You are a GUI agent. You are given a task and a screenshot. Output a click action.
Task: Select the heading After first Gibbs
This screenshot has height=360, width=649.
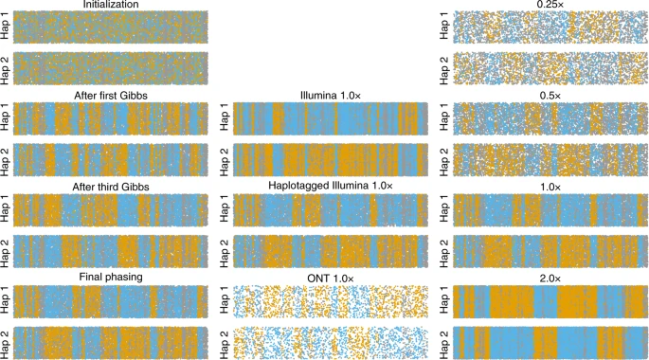(x=110, y=95)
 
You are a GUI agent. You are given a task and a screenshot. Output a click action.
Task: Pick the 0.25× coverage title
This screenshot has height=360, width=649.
(x=550, y=5)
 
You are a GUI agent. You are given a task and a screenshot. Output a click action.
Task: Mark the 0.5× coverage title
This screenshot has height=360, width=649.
(x=550, y=95)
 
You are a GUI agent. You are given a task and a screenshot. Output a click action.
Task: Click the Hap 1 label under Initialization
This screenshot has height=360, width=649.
(x=6, y=27)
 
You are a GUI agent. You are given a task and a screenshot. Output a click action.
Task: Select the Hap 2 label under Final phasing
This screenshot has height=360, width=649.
(x=6, y=340)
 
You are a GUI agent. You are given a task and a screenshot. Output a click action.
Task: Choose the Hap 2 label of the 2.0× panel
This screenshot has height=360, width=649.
(x=443, y=340)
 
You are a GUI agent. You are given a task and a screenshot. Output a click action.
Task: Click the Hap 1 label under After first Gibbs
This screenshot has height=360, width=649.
(x=6, y=117)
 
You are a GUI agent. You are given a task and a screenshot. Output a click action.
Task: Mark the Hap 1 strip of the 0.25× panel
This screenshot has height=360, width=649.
(x=550, y=27)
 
